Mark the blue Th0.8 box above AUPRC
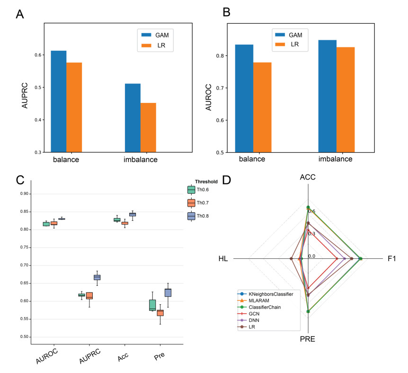[x=97, y=277]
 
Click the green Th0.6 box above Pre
[x=152, y=305]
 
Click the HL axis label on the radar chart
[x=223, y=259]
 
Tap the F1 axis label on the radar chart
[x=391, y=259]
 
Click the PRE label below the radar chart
[x=308, y=339]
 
